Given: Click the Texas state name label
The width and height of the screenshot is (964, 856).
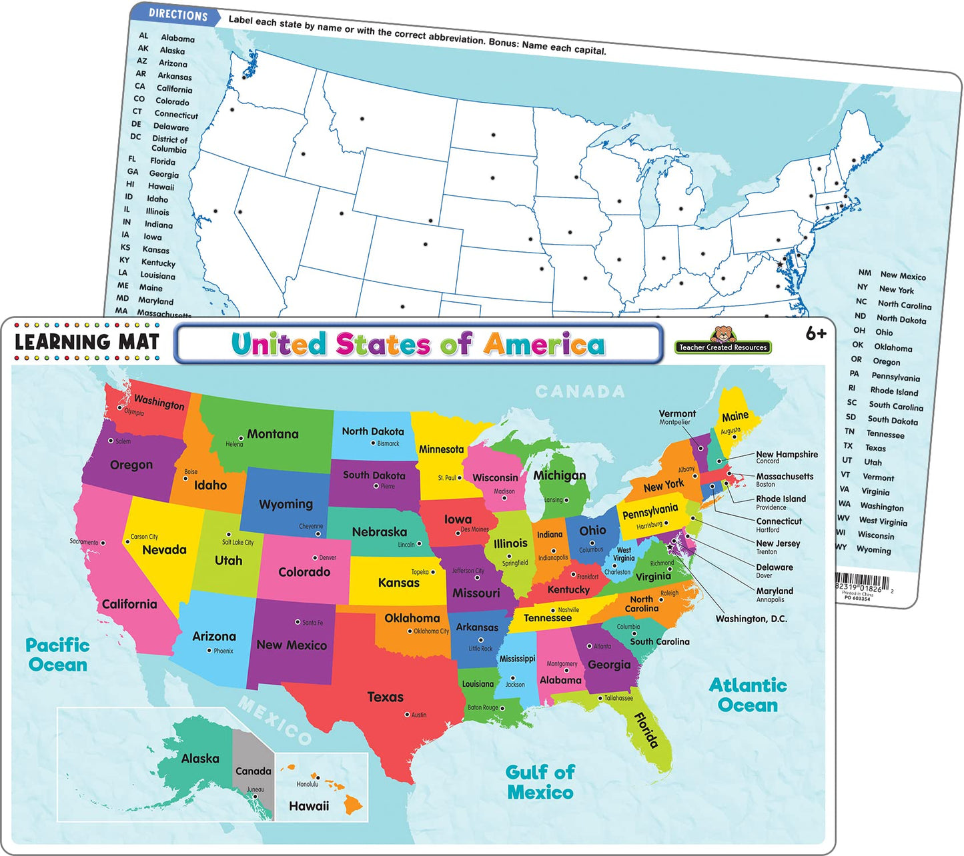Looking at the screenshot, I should tap(385, 697).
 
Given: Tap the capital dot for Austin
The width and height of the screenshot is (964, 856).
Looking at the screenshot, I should tap(407, 715).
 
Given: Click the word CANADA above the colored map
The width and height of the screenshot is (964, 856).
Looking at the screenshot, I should tap(580, 391).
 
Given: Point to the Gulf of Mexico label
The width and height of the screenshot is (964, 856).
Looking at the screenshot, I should tap(540, 782).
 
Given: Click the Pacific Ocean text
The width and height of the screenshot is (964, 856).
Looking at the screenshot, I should tap(57, 655).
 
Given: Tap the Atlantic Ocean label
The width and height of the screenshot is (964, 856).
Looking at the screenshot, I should tap(747, 695).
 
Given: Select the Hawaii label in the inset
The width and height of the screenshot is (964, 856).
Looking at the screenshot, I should tap(309, 806).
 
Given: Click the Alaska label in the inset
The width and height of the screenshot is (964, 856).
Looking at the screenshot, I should tap(200, 759).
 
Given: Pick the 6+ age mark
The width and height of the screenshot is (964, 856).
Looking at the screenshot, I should tap(815, 334).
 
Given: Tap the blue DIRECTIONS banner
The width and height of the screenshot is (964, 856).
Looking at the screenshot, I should tap(177, 15).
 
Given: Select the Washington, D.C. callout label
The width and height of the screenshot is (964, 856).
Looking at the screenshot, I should tap(751, 619).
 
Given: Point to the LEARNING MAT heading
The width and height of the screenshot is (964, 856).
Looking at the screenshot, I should tap(87, 343).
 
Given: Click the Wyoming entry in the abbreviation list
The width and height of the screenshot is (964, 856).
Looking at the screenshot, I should tap(873, 550).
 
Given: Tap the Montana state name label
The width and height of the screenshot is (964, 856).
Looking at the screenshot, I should tap(272, 434).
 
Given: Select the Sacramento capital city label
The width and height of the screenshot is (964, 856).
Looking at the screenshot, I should tap(83, 541).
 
